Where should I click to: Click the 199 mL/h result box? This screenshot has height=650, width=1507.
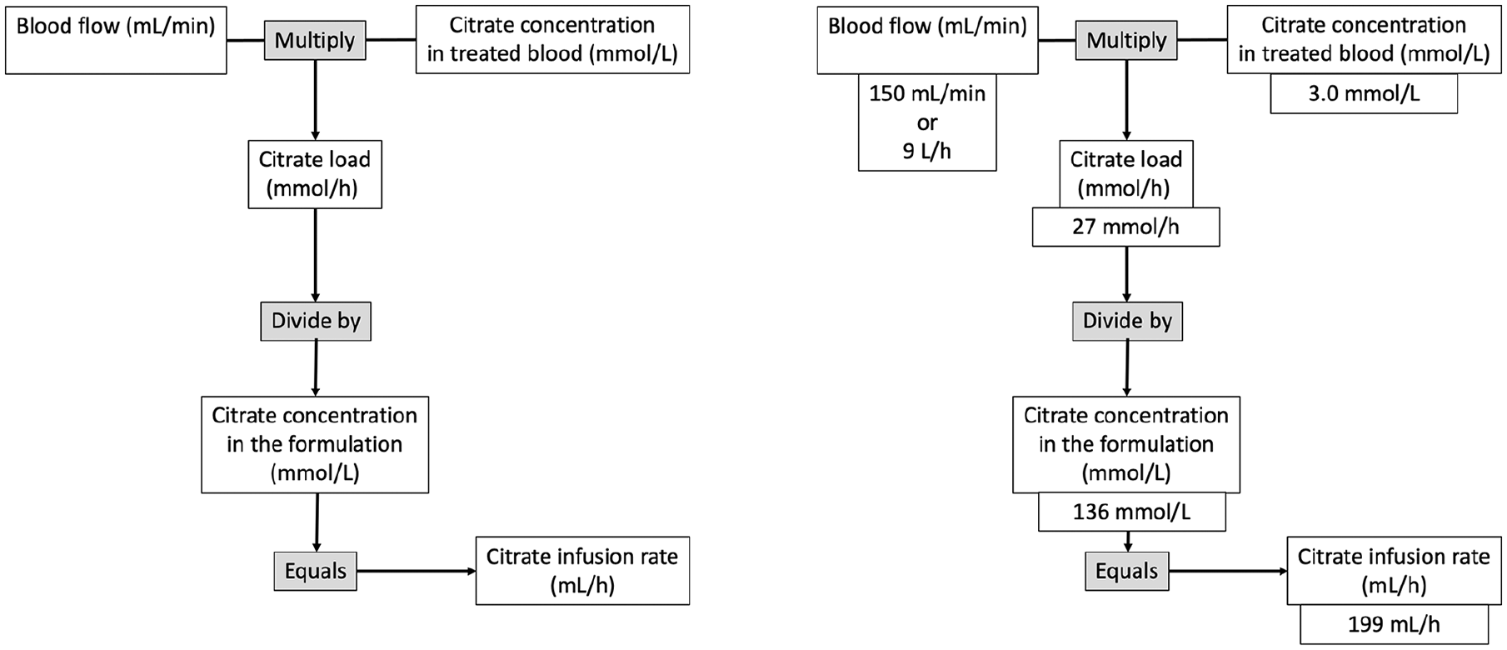(1394, 624)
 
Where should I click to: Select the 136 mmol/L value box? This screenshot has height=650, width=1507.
(1131, 512)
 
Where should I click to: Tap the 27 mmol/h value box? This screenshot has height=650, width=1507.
(1125, 227)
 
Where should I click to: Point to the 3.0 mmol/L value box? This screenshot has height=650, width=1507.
(1364, 93)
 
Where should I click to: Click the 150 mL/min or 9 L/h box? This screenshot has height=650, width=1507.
(927, 122)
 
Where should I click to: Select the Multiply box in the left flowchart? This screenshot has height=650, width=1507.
(315, 40)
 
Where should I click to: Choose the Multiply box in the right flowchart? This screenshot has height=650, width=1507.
(1126, 40)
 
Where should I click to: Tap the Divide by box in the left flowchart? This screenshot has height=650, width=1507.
(316, 321)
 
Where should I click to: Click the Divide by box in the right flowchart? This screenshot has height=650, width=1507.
(1127, 321)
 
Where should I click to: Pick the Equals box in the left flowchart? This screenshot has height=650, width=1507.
(316, 571)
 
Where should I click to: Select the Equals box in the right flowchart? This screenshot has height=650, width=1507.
(1127, 571)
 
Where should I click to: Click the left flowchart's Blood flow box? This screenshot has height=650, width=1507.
(116, 39)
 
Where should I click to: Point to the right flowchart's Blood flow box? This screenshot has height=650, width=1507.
(927, 39)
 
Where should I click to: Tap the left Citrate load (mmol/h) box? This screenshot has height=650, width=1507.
(315, 174)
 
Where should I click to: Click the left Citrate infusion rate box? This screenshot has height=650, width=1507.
(582, 571)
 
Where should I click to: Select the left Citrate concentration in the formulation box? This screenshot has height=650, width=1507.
(315, 444)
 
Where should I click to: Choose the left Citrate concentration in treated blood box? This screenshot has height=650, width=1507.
(552, 39)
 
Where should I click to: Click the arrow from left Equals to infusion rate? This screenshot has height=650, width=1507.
(417, 571)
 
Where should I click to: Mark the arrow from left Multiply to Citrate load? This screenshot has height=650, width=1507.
(315, 100)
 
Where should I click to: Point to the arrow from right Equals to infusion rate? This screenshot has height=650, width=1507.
(1228, 571)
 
